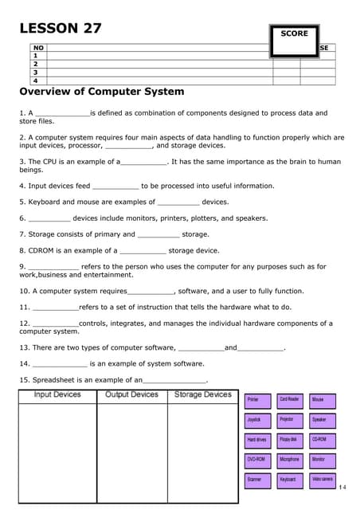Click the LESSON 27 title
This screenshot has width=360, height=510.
[x=61, y=28]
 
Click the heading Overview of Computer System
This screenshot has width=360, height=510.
[x=101, y=92]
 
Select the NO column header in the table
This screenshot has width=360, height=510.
[x=37, y=48]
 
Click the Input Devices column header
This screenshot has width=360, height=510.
[x=57, y=394]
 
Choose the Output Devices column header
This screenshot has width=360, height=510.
[x=131, y=394]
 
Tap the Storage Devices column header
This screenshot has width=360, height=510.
[x=202, y=394]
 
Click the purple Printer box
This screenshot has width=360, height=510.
[x=257, y=399]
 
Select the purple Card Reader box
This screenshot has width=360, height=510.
[x=290, y=399]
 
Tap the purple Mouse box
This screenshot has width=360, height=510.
[x=323, y=399]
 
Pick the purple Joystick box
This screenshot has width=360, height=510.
[x=257, y=419]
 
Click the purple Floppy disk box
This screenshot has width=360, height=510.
[x=290, y=440]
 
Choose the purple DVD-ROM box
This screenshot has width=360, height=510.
[x=257, y=460]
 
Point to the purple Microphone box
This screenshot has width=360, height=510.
[x=290, y=460]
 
